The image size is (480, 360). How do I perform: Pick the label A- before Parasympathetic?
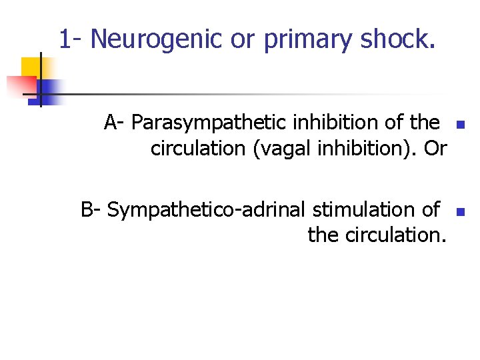115,123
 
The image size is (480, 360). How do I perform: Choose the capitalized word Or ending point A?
435,149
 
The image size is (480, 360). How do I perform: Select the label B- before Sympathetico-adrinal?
91,209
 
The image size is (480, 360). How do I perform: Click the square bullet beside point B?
459,212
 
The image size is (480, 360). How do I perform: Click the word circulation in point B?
390,235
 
